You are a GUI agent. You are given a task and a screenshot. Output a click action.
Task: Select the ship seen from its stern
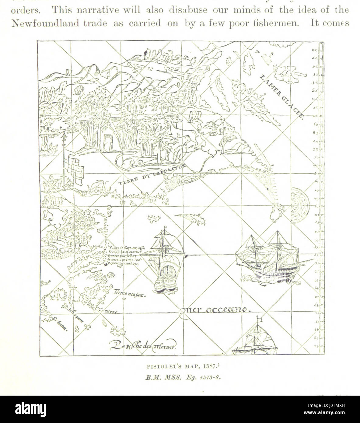coord(164,262)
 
